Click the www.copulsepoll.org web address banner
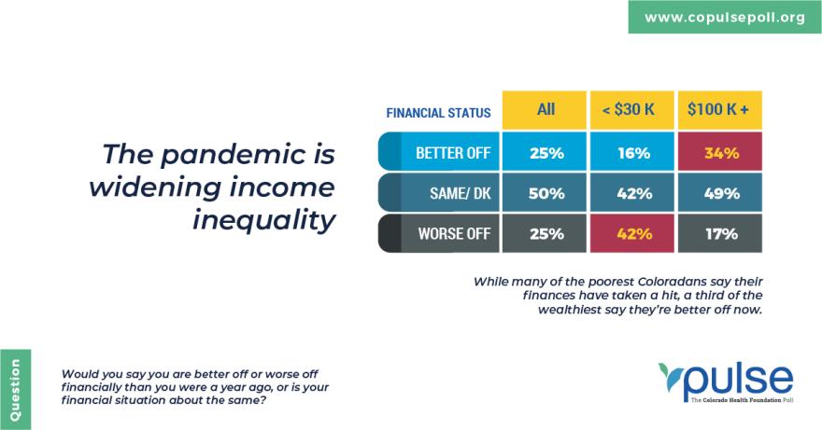point(725,17)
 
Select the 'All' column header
point(545,110)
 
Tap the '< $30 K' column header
point(631,110)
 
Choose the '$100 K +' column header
point(720,110)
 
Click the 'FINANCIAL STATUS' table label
point(438,113)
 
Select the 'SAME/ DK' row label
point(438,192)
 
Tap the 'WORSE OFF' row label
point(438,233)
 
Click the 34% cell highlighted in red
point(720,151)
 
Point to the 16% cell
point(631,151)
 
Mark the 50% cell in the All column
point(545,192)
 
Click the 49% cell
point(720,192)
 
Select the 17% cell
point(720,233)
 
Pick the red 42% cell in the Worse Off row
point(631,233)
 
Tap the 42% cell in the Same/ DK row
point(631,192)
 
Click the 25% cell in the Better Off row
point(545,151)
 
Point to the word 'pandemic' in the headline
point(234,155)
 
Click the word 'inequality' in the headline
point(263,219)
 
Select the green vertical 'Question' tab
point(15,389)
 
